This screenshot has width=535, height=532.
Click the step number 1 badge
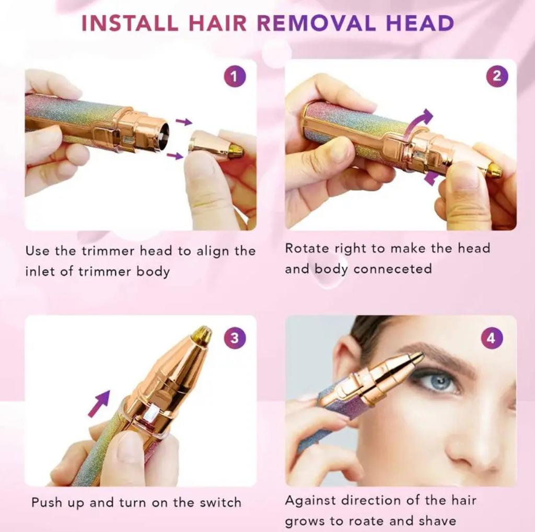234,77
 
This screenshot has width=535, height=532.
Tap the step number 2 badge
496,77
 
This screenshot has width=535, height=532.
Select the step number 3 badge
234,338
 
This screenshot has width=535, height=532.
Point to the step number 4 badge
491,338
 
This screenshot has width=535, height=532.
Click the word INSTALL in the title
122,24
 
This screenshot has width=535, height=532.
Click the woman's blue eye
438,382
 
